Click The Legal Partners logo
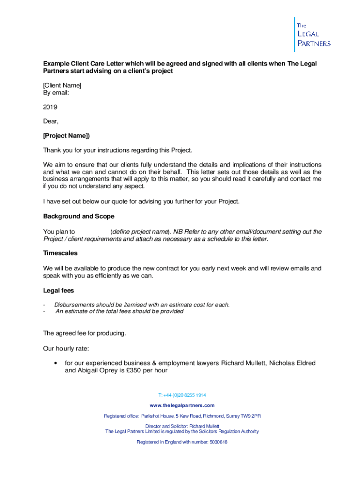tap(312, 35)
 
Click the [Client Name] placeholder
tap(62, 85)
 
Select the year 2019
tap(50, 107)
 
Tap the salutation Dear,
tap(51, 122)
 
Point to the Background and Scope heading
tap(79, 217)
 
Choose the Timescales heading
tap(60, 253)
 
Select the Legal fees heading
tap(58, 290)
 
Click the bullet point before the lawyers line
tap(56, 363)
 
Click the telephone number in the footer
tap(182, 395)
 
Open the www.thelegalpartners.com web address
tap(182, 405)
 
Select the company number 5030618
tap(215, 442)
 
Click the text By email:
tap(56, 93)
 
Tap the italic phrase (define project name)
tap(140, 232)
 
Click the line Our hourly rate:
tap(66, 348)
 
